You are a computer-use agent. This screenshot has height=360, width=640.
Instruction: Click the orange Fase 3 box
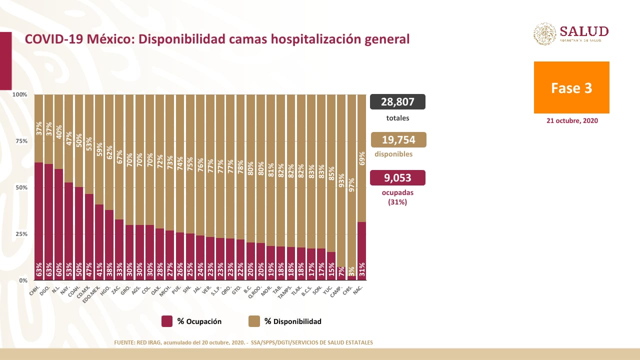(x=571, y=87)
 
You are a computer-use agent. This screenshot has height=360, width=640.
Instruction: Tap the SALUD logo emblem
(x=544, y=34)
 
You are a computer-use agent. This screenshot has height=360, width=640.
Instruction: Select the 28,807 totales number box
(x=397, y=102)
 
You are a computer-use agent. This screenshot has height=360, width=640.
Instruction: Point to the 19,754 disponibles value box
(x=398, y=140)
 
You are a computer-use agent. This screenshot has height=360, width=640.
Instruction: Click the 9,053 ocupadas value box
(x=397, y=178)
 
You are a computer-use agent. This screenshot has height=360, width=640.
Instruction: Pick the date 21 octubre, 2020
(x=571, y=121)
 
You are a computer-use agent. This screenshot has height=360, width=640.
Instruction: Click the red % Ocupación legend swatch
(x=167, y=321)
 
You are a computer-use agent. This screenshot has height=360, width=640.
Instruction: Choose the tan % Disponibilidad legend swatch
(x=254, y=321)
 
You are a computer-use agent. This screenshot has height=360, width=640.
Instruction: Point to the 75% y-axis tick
(x=21, y=141)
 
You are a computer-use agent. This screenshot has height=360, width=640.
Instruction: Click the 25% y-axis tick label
(x=21, y=234)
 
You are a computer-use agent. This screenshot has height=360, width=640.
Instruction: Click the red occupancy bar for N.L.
(x=59, y=225)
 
